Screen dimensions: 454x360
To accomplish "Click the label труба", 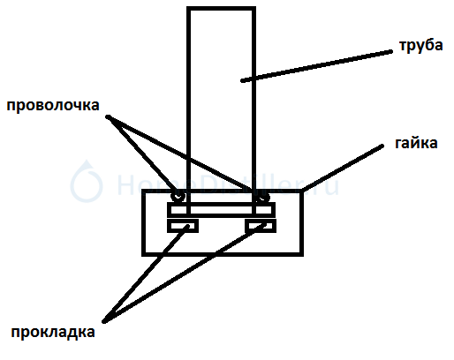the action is (421, 46).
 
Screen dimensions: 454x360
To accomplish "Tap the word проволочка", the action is (53, 106).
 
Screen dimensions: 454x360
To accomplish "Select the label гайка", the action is (416, 143).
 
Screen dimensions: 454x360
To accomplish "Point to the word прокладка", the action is (53, 333).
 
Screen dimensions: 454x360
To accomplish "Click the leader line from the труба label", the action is (316, 66).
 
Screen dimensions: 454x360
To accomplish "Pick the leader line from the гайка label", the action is (343, 168).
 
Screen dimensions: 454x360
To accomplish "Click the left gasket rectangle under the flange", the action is (183, 226).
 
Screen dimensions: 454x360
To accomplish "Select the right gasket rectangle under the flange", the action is (261, 226).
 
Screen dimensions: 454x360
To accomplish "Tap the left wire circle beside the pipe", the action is (178, 196).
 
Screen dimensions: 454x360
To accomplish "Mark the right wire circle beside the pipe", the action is (262, 196).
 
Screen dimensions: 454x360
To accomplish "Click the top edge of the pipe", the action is (221, 8).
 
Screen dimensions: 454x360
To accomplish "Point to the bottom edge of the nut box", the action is (223, 254).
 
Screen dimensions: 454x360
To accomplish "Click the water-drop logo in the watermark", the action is (87, 182).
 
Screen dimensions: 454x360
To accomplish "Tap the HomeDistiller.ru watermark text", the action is (228, 184).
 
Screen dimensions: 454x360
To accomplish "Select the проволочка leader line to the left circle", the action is (142, 154).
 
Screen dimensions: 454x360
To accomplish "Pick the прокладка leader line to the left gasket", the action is (146, 274).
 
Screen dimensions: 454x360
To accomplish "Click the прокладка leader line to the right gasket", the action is (183, 274).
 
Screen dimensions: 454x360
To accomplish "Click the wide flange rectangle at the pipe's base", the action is (221, 210).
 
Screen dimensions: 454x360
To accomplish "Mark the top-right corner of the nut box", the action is (302, 191).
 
